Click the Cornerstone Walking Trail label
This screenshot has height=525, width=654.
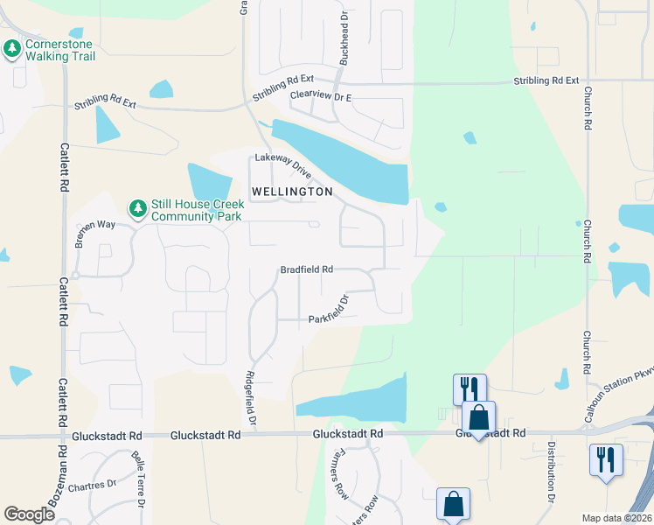tap(60, 50)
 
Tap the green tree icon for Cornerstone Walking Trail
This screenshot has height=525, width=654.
tap(12, 49)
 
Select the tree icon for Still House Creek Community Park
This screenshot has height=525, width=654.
tap(137, 208)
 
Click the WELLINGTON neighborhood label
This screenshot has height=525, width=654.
tap(292, 191)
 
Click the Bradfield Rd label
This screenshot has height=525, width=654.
tap(307, 270)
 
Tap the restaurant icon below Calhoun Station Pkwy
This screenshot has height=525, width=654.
tap(605, 459)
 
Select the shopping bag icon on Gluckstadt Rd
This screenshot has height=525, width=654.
tap(478, 417)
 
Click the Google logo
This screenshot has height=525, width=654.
tap(29, 514)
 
